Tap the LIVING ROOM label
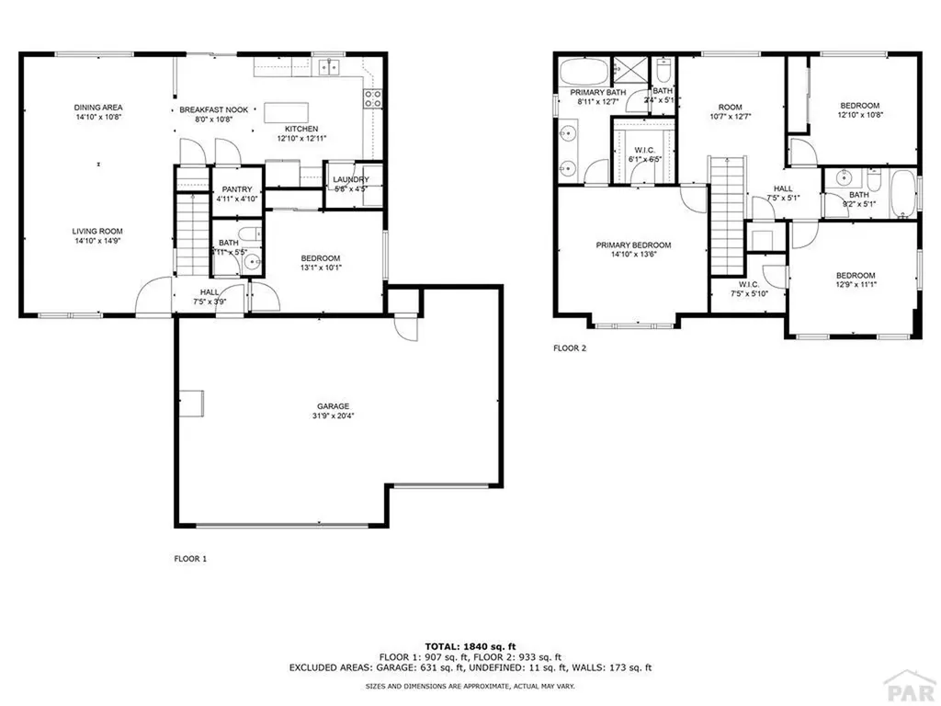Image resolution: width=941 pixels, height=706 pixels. point(98,232)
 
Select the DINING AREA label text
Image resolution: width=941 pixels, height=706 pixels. point(98,108)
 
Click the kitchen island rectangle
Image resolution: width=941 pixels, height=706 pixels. point(288,112)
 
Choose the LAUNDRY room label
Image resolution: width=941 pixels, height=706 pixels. point(351,179)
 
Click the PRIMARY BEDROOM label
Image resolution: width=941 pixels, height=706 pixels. point(633,245)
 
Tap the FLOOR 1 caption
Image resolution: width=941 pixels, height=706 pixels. point(190,558)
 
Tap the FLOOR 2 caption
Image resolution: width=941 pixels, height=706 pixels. point(569,348)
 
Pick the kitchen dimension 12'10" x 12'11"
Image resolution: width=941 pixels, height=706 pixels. point(301,138)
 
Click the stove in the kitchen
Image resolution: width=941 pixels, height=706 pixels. point(373,98)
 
